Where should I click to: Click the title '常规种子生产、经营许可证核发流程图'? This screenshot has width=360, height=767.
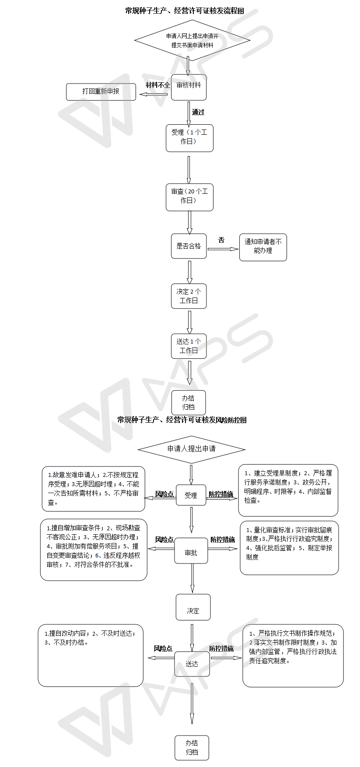point(184,11)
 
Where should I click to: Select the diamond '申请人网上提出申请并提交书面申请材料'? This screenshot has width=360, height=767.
point(192,40)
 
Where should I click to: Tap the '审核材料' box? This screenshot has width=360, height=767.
point(189,87)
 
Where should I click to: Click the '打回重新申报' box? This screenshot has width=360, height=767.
point(101,91)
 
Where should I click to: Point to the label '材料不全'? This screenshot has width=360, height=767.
point(157,85)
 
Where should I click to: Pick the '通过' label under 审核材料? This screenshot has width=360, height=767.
point(198,112)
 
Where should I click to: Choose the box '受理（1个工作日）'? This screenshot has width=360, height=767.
point(189,137)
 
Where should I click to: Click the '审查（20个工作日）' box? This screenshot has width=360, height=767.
point(189,196)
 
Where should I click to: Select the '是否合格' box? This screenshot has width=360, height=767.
point(189,246)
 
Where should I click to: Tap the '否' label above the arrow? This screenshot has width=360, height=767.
point(221,240)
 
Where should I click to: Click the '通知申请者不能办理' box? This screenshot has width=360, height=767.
point(263,247)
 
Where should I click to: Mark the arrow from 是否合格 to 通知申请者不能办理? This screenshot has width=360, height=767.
point(223,249)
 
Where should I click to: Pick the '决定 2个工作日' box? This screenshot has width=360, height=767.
point(189,296)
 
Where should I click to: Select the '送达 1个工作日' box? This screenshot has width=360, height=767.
point(189,346)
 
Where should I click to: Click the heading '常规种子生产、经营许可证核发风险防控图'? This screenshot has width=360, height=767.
point(182,420)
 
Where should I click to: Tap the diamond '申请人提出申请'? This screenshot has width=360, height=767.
point(192,449)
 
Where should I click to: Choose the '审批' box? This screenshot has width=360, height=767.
point(191,552)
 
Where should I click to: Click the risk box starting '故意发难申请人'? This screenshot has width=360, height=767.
point(94,488)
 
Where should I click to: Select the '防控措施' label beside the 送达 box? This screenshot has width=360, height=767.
point(221,648)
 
